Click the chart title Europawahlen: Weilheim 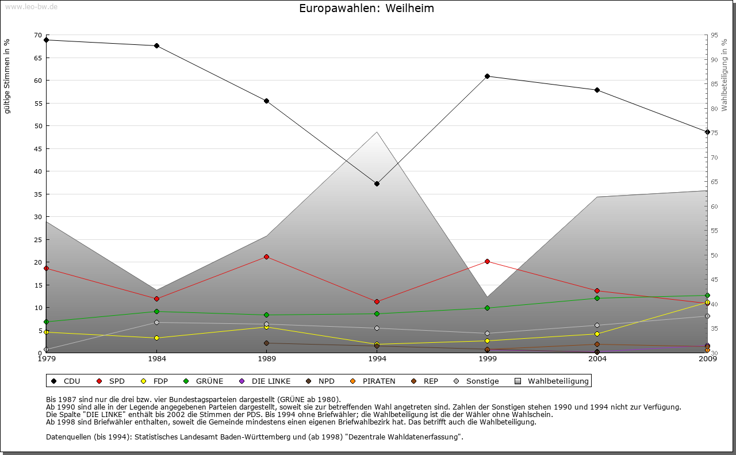[x=366, y=9]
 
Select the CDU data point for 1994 [x=377, y=184]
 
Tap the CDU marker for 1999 [x=487, y=76]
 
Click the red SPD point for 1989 [x=266, y=257]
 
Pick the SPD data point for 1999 [x=487, y=261]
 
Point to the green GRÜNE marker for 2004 [x=597, y=298]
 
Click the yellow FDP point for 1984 [x=156, y=338]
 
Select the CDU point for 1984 [x=156, y=46]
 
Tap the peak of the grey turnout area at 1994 [x=377, y=132]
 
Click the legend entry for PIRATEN [x=373, y=381]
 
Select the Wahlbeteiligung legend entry [x=552, y=381]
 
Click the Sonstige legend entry [x=477, y=381]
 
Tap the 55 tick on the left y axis [x=38, y=104]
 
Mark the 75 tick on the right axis [x=714, y=133]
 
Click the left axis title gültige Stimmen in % [x=7, y=76]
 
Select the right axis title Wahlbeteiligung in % [x=724, y=75]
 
